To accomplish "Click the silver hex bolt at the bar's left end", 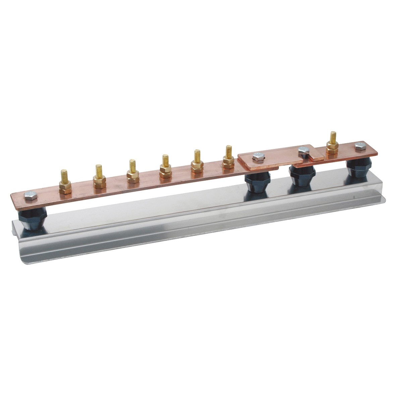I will [31, 195].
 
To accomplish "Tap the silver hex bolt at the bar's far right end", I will [360, 146].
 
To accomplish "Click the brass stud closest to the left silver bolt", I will [65, 183].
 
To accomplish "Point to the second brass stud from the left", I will [99, 178].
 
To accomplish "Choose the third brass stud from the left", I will [133, 172].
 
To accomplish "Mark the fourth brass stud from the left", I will [165, 167].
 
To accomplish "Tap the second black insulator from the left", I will [257, 181].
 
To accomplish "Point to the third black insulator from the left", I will [302, 175].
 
